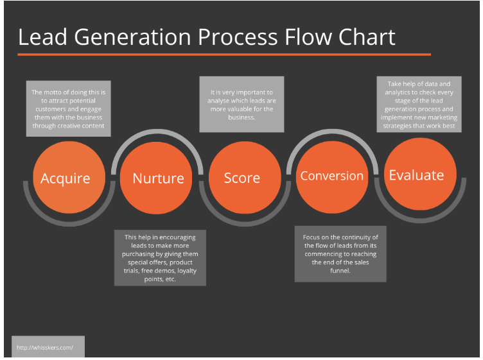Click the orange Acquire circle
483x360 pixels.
pyautogui.click(x=66, y=178)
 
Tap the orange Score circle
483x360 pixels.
pyautogui.click(x=242, y=178)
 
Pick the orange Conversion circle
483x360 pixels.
pyautogui.click(x=331, y=176)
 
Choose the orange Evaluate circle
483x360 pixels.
pyautogui.click(x=416, y=175)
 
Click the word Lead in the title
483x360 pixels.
pyautogui.click(x=40, y=37)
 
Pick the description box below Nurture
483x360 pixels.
pyautogui.click(x=161, y=258)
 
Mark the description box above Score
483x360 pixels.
pyautogui.click(x=241, y=105)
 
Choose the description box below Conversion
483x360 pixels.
pyautogui.click(x=340, y=254)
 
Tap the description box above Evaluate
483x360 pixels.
pyautogui.click(x=421, y=105)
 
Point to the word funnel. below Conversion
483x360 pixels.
pyautogui.click(x=340, y=271)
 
